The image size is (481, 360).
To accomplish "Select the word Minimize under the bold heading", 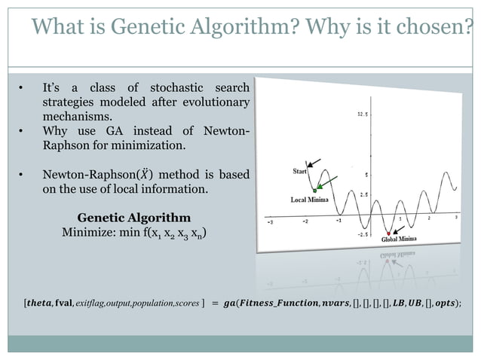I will (84, 233).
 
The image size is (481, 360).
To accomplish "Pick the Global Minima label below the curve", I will (398, 239).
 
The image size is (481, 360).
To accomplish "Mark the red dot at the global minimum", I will (388, 233).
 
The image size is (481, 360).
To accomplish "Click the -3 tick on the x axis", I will (272, 222).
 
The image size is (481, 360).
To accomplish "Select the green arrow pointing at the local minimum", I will (326, 183).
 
